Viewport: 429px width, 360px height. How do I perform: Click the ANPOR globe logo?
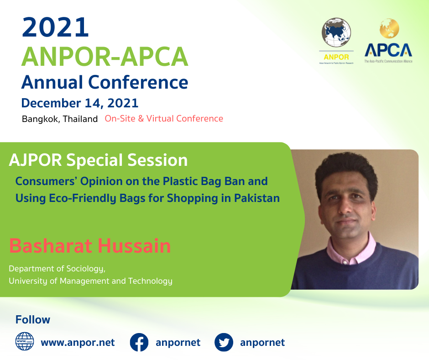point(336,32)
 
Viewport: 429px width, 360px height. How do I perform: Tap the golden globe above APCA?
point(389,28)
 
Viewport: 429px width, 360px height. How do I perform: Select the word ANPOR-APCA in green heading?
point(105,57)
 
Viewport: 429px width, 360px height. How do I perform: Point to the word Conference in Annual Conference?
point(138,82)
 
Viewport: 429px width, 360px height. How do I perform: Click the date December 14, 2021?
point(80,103)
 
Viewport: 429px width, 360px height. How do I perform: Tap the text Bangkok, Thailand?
point(60,119)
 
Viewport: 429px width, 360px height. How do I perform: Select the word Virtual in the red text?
point(160,118)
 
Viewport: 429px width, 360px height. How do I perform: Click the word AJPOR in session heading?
point(36,160)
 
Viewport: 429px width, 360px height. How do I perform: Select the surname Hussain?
point(134,246)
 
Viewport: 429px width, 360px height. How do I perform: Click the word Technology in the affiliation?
point(150,281)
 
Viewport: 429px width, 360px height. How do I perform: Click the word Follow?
point(33,320)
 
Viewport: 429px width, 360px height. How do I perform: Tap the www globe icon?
point(25,341)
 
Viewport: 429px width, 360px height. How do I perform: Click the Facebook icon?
point(139,342)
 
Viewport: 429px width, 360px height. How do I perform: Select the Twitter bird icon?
point(224,342)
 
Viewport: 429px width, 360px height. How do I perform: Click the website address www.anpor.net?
point(78,343)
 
